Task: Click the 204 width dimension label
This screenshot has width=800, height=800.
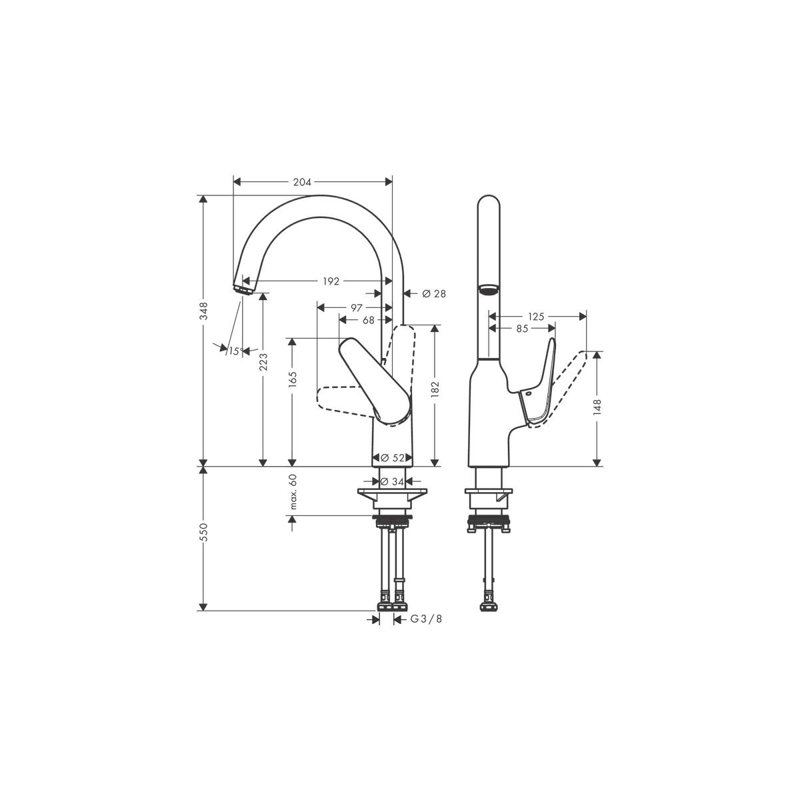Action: pyautogui.click(x=302, y=182)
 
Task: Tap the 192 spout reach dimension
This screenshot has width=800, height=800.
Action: pyautogui.click(x=331, y=281)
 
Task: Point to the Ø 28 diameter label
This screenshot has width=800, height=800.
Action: pyautogui.click(x=434, y=293)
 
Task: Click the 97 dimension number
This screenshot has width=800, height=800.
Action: pyautogui.click(x=357, y=307)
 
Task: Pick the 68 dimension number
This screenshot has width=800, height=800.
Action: pyautogui.click(x=368, y=320)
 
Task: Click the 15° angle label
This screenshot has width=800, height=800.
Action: pyautogui.click(x=235, y=351)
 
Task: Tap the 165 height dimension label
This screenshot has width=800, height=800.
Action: pyautogui.click(x=293, y=380)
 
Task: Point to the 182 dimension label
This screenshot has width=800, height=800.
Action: pyautogui.click(x=435, y=389)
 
